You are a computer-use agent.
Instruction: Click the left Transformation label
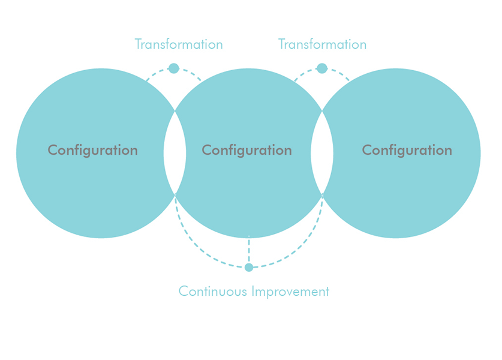179,45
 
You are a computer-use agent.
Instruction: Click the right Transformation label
322,45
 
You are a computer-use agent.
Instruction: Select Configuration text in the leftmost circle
93,150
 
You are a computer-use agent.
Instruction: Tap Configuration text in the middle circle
247,150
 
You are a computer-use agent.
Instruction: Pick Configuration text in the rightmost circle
407,150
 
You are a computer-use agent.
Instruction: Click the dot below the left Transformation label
174,68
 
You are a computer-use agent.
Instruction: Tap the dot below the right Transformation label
322,68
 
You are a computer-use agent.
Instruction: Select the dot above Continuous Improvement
249,267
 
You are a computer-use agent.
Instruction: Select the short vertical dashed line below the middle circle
249,251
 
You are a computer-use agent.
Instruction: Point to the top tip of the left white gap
175,111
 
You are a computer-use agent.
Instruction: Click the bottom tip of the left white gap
175,195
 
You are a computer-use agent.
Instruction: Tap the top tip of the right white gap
322,111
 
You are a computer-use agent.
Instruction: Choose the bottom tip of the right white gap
322,195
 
